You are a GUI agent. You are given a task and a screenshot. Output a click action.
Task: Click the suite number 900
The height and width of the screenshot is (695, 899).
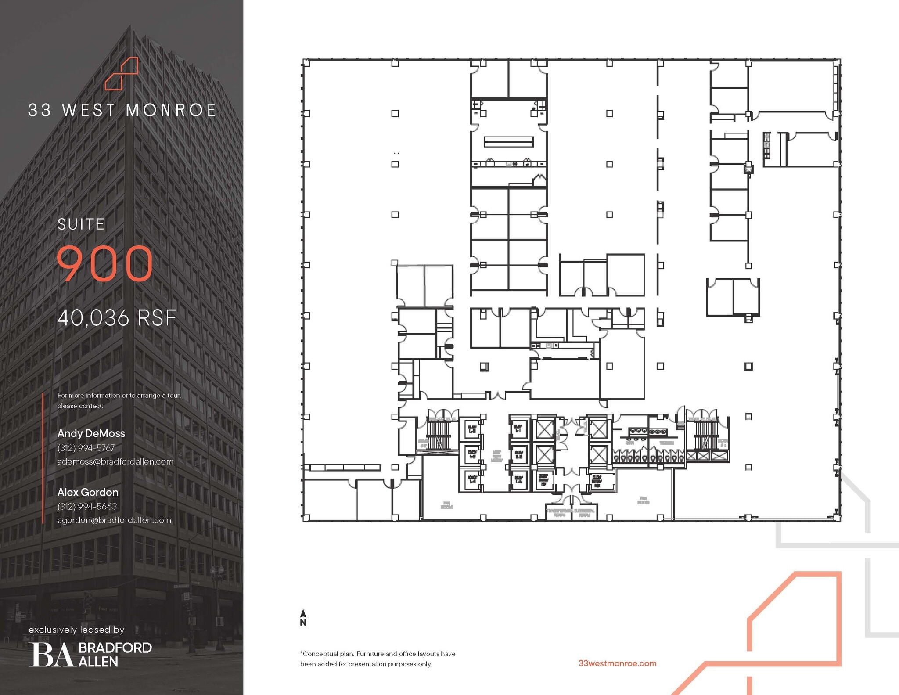[x=105, y=263]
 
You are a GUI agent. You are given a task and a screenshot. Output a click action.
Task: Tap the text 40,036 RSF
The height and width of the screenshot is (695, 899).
[x=117, y=318]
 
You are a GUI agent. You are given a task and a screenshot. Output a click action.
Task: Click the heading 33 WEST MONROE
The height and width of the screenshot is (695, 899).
[x=122, y=110]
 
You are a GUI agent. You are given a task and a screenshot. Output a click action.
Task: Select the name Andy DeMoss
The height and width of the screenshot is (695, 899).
[x=91, y=433]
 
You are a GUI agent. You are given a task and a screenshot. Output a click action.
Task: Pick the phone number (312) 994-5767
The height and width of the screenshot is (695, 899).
[x=86, y=448]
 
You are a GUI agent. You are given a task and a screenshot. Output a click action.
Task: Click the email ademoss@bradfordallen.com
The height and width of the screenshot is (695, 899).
[x=115, y=461]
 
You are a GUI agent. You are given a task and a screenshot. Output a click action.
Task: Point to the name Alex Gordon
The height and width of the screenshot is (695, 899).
[x=88, y=492]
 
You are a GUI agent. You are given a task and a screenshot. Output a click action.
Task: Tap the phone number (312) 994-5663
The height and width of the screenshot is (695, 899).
[x=87, y=506]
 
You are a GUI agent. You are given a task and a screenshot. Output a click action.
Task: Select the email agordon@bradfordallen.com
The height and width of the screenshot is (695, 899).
[x=114, y=520]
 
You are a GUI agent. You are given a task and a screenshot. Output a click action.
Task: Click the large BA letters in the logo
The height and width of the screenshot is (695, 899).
[x=51, y=655]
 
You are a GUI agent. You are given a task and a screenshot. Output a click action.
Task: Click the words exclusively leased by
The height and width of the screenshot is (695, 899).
[x=76, y=630]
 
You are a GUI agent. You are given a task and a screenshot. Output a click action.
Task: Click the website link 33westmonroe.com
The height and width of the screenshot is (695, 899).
[x=617, y=663]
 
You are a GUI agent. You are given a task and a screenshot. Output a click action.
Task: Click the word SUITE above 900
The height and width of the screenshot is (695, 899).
[x=81, y=224]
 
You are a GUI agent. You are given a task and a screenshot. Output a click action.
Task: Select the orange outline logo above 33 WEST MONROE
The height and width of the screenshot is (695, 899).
[x=122, y=73]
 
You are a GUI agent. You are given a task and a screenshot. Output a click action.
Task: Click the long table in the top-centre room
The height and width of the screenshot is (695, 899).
[x=509, y=141]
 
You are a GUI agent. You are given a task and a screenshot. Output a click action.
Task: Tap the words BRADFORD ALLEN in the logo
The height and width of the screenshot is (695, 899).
[x=115, y=655]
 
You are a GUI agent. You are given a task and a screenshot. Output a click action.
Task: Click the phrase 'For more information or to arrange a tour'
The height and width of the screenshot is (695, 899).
[x=119, y=395]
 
